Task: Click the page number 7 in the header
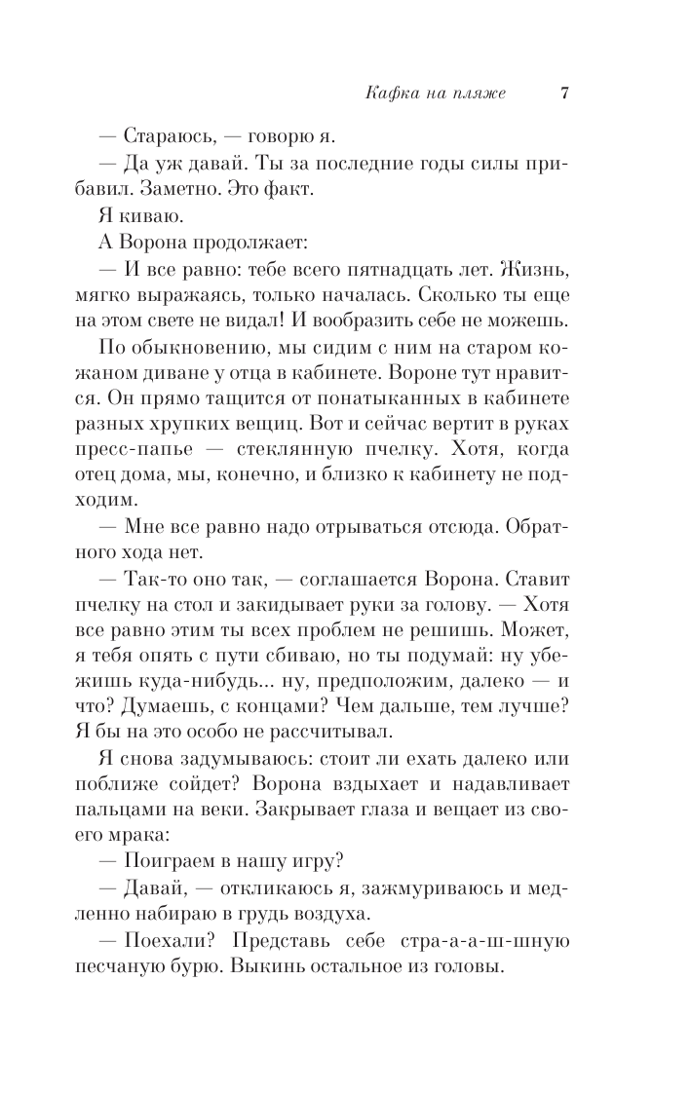[564, 94]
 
